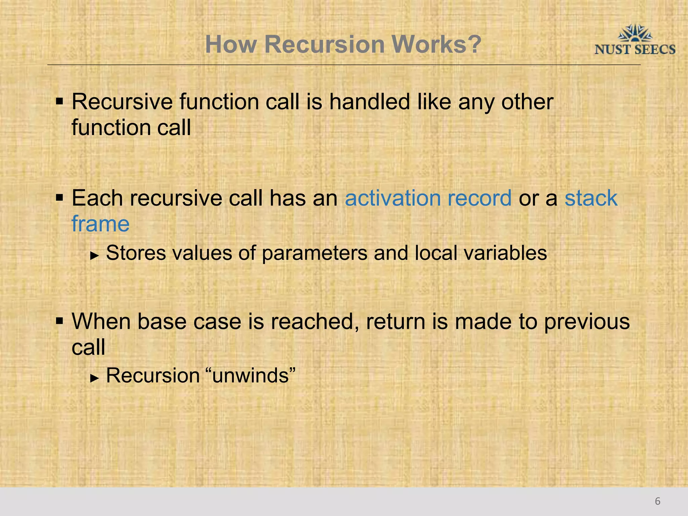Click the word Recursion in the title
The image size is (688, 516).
point(324,44)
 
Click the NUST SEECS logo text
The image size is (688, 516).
point(635,50)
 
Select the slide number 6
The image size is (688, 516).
point(657,501)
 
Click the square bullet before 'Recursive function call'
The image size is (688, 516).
point(59,101)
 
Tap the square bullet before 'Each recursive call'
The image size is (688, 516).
point(59,198)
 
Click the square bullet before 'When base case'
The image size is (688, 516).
point(59,321)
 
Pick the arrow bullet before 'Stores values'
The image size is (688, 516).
point(95,256)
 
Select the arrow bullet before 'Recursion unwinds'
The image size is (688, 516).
point(95,378)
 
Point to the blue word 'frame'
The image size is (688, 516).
point(100,224)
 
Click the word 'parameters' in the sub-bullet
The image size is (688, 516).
point(314,253)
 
